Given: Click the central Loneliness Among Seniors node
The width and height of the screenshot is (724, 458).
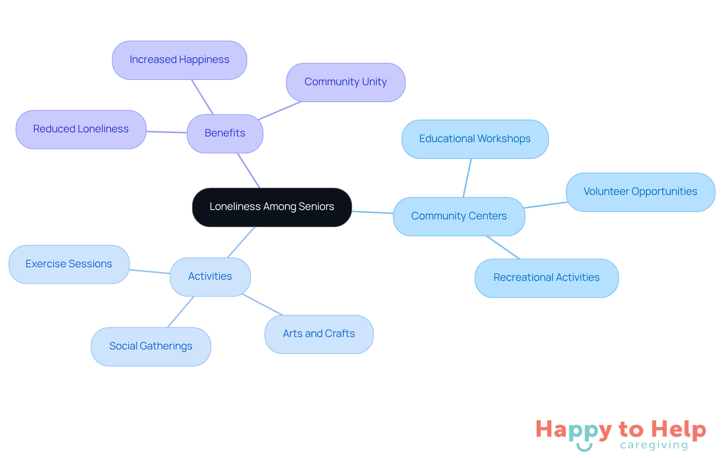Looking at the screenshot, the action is click(x=272, y=207).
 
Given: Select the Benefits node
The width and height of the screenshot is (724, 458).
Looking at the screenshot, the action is click(x=225, y=133).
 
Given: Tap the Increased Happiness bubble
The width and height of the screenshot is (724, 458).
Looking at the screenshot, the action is click(x=179, y=60).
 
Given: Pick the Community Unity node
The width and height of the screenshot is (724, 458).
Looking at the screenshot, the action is click(x=346, y=82).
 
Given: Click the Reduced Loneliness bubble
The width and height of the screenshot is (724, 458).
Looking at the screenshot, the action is click(x=81, y=129).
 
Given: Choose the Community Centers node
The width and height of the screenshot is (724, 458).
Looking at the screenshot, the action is click(x=459, y=216).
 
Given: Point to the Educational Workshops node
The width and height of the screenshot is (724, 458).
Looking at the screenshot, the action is click(x=475, y=139).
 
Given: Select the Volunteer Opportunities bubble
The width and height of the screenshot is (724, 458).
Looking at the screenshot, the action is click(x=640, y=192).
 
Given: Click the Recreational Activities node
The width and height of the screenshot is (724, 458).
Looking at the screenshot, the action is click(x=547, y=278).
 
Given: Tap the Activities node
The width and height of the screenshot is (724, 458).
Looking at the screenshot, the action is click(x=210, y=277).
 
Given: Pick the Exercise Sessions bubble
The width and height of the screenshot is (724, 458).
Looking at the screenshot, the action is click(x=69, y=264).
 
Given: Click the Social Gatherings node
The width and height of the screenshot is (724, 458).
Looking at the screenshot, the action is click(x=151, y=346).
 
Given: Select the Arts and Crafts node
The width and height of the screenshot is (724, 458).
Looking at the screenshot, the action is click(x=319, y=334).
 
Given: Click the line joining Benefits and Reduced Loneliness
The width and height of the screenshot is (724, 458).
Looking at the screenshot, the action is click(x=167, y=132).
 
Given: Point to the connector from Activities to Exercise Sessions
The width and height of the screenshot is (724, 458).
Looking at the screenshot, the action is click(x=150, y=271).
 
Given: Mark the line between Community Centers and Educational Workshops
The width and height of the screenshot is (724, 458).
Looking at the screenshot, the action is click(x=467, y=178).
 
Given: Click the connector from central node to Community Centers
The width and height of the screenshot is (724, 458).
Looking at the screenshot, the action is click(x=373, y=212).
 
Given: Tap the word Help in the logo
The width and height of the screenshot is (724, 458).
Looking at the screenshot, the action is click(x=678, y=430).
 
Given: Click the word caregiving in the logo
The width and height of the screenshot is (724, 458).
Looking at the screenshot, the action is click(x=654, y=445).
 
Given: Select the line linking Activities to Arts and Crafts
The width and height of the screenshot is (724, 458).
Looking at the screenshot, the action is click(x=262, y=304).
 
